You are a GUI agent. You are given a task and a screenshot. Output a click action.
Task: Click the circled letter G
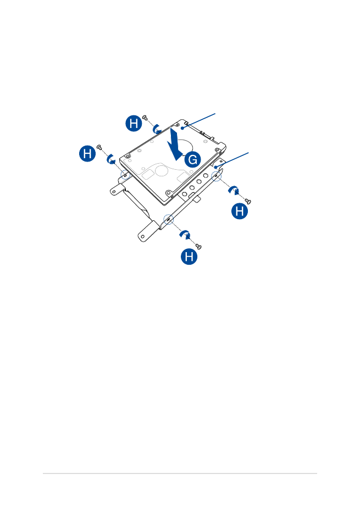coord(192,159)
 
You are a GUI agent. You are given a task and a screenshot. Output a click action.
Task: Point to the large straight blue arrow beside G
coord(175,144)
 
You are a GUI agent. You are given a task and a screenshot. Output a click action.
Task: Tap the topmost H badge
coord(134,123)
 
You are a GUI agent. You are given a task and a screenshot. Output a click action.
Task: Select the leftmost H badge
coord(87,153)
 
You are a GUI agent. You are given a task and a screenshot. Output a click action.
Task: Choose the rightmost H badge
coord(240,211)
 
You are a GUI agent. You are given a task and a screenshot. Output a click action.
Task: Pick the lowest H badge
coord(189,257)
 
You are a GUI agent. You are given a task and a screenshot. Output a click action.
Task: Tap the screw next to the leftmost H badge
coord(99,147)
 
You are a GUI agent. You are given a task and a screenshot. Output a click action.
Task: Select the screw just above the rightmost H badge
coord(248,202)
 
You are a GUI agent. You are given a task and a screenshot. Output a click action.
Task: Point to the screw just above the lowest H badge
coord(198,247)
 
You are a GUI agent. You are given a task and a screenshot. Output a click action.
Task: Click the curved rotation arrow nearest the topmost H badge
coord(157,129)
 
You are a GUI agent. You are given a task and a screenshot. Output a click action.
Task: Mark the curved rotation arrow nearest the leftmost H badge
coord(111,159)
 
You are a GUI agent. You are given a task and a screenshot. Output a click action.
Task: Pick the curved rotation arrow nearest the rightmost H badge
coord(234,190)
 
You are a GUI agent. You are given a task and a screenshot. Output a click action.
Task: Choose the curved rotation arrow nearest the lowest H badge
coord(185,235)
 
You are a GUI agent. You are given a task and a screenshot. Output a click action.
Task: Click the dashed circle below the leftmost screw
coord(125,175)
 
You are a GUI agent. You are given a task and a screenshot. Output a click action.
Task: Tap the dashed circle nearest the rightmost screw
coord(216,176)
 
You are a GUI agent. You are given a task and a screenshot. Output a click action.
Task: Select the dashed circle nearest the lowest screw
coord(168,219)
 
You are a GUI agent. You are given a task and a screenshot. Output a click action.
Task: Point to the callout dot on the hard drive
coord(183,129)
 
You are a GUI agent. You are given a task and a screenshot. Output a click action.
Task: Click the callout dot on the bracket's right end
coord(215,168)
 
